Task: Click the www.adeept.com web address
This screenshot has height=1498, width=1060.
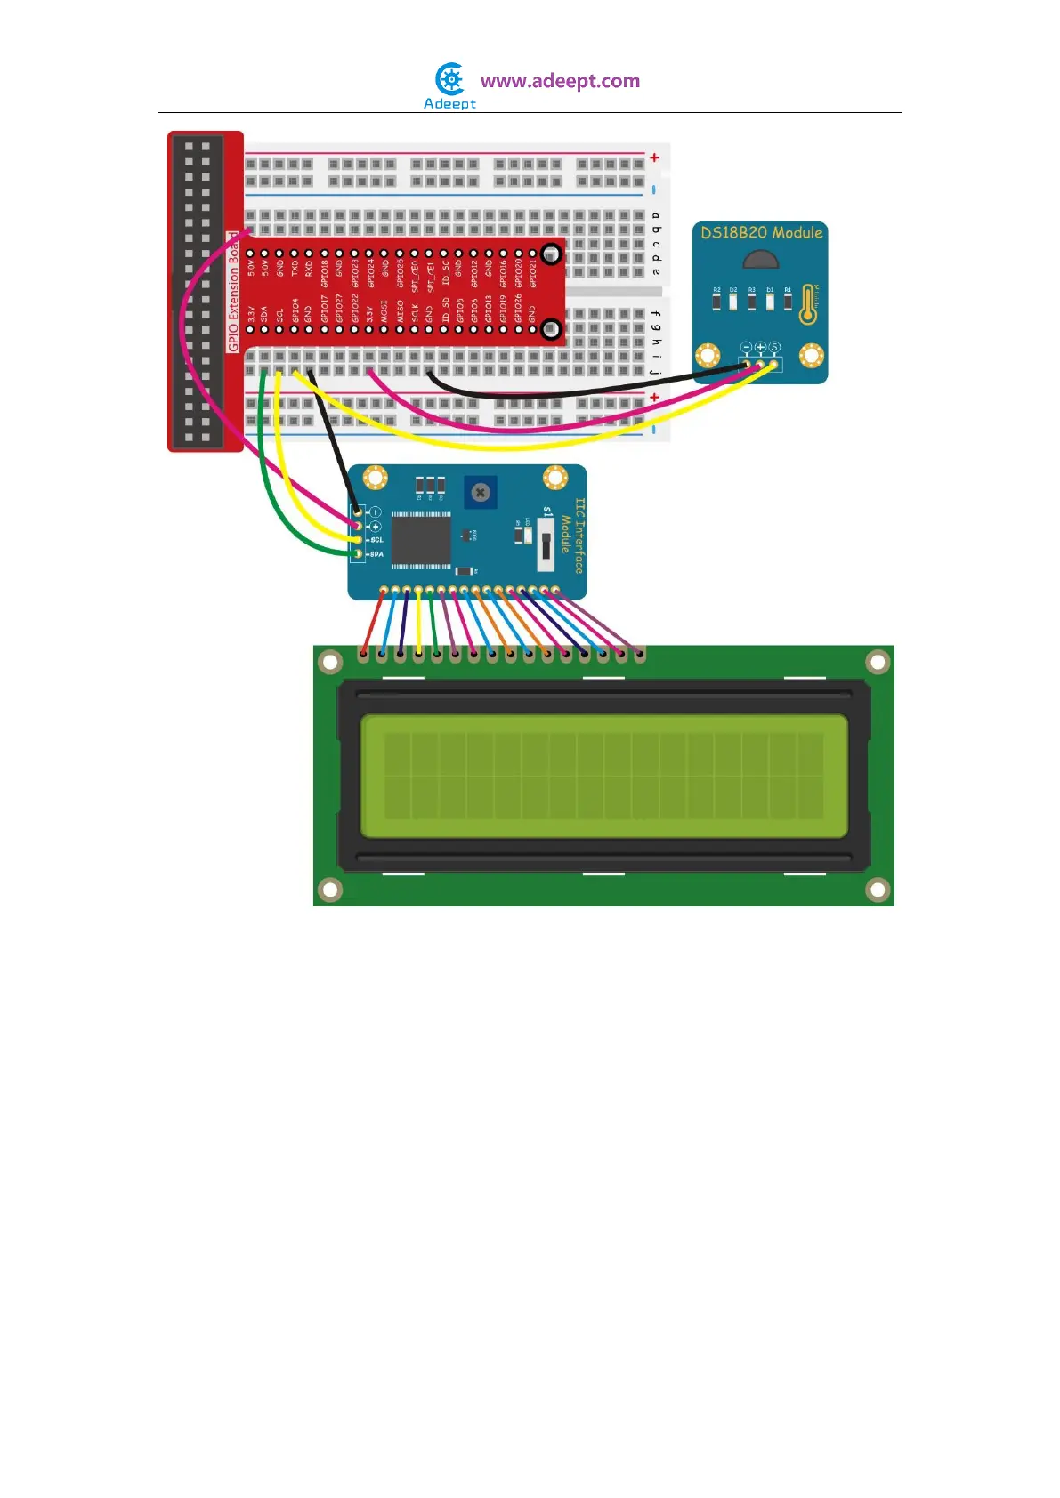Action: click(x=560, y=81)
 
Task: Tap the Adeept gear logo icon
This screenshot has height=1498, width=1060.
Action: click(x=451, y=79)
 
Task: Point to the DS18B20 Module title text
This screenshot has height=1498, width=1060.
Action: click(x=761, y=233)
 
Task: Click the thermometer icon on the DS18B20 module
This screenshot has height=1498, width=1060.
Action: click(x=808, y=303)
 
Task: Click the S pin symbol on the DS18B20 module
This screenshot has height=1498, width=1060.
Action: click(x=774, y=347)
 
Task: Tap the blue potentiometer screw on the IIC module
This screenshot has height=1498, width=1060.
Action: click(x=481, y=492)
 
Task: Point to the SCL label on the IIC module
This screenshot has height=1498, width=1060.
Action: click(x=376, y=540)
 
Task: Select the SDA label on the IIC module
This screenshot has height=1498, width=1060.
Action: click(x=376, y=554)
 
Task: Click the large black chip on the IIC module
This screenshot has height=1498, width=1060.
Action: click(x=421, y=539)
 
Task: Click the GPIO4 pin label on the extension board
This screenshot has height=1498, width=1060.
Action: click(x=295, y=310)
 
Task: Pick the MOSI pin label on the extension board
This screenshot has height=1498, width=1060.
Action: click(x=384, y=310)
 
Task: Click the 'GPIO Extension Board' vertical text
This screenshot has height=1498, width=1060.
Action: click(x=234, y=293)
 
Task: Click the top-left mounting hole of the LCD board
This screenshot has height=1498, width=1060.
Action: click(x=330, y=662)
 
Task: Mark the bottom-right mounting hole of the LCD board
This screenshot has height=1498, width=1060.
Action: click(x=878, y=890)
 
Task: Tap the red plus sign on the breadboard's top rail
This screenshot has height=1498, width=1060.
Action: click(x=654, y=157)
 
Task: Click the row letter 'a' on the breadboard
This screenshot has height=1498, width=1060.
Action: click(x=656, y=216)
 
